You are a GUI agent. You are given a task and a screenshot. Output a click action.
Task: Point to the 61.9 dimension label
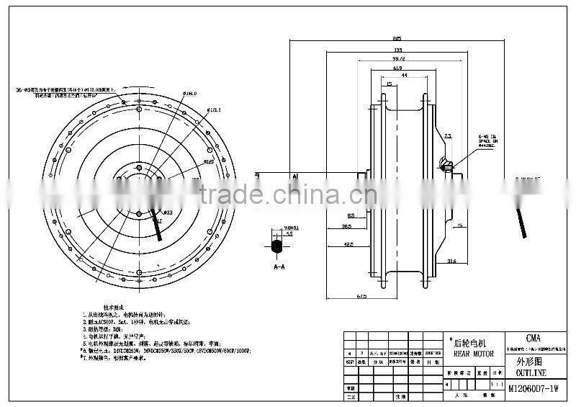pyautogui.click(x=397, y=68)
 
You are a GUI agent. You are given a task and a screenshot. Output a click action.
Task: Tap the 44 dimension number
pyautogui.click(x=404, y=76)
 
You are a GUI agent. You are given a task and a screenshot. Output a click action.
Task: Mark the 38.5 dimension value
pyautogui.click(x=346, y=226)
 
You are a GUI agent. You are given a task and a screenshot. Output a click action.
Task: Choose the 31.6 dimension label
pyautogui.click(x=452, y=261)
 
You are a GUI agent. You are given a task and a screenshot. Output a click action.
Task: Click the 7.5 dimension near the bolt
pyautogui.click(x=447, y=135)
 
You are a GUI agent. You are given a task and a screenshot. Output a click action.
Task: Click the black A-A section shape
pyautogui.click(x=276, y=246)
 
